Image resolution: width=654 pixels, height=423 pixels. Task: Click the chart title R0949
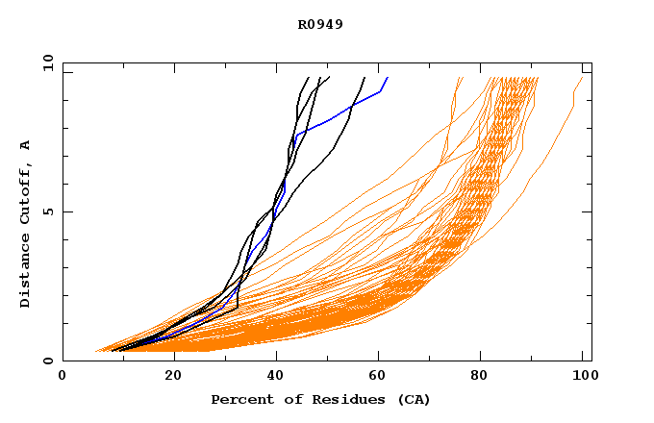tap(320, 24)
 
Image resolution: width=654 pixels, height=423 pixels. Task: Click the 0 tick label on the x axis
tap(63, 376)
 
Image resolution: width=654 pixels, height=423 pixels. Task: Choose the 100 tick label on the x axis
tap(582, 376)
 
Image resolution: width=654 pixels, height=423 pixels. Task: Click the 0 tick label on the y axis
tap(48, 361)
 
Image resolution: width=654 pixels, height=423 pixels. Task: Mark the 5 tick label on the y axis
tap(48, 211)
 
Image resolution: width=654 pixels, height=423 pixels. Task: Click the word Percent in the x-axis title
tap(239, 399)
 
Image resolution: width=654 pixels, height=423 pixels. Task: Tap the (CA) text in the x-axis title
tap(413, 399)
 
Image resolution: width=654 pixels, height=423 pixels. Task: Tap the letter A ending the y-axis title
tap(25, 145)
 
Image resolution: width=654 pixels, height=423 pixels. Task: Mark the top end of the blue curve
tap(387, 78)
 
